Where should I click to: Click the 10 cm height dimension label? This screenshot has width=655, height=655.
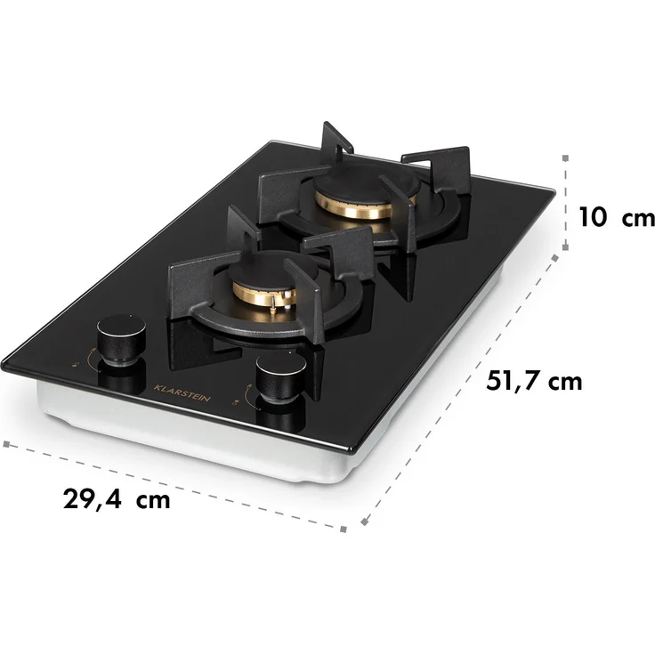(x=617, y=218)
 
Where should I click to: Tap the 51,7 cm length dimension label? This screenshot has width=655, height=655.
(x=534, y=381)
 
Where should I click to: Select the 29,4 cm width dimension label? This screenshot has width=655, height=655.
(x=117, y=498)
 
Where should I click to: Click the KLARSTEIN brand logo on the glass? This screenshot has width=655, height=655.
(x=182, y=393)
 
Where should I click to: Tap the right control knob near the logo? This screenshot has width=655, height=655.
(x=281, y=377)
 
